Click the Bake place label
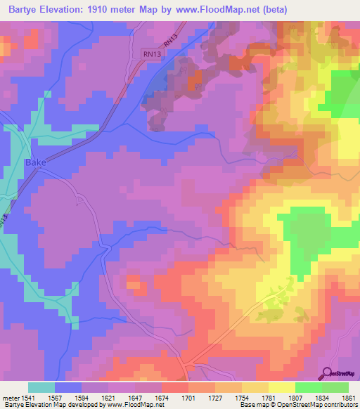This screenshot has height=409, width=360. (35, 162)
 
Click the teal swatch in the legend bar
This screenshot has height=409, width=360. (41, 387)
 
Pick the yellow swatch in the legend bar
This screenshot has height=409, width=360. (281, 387)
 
